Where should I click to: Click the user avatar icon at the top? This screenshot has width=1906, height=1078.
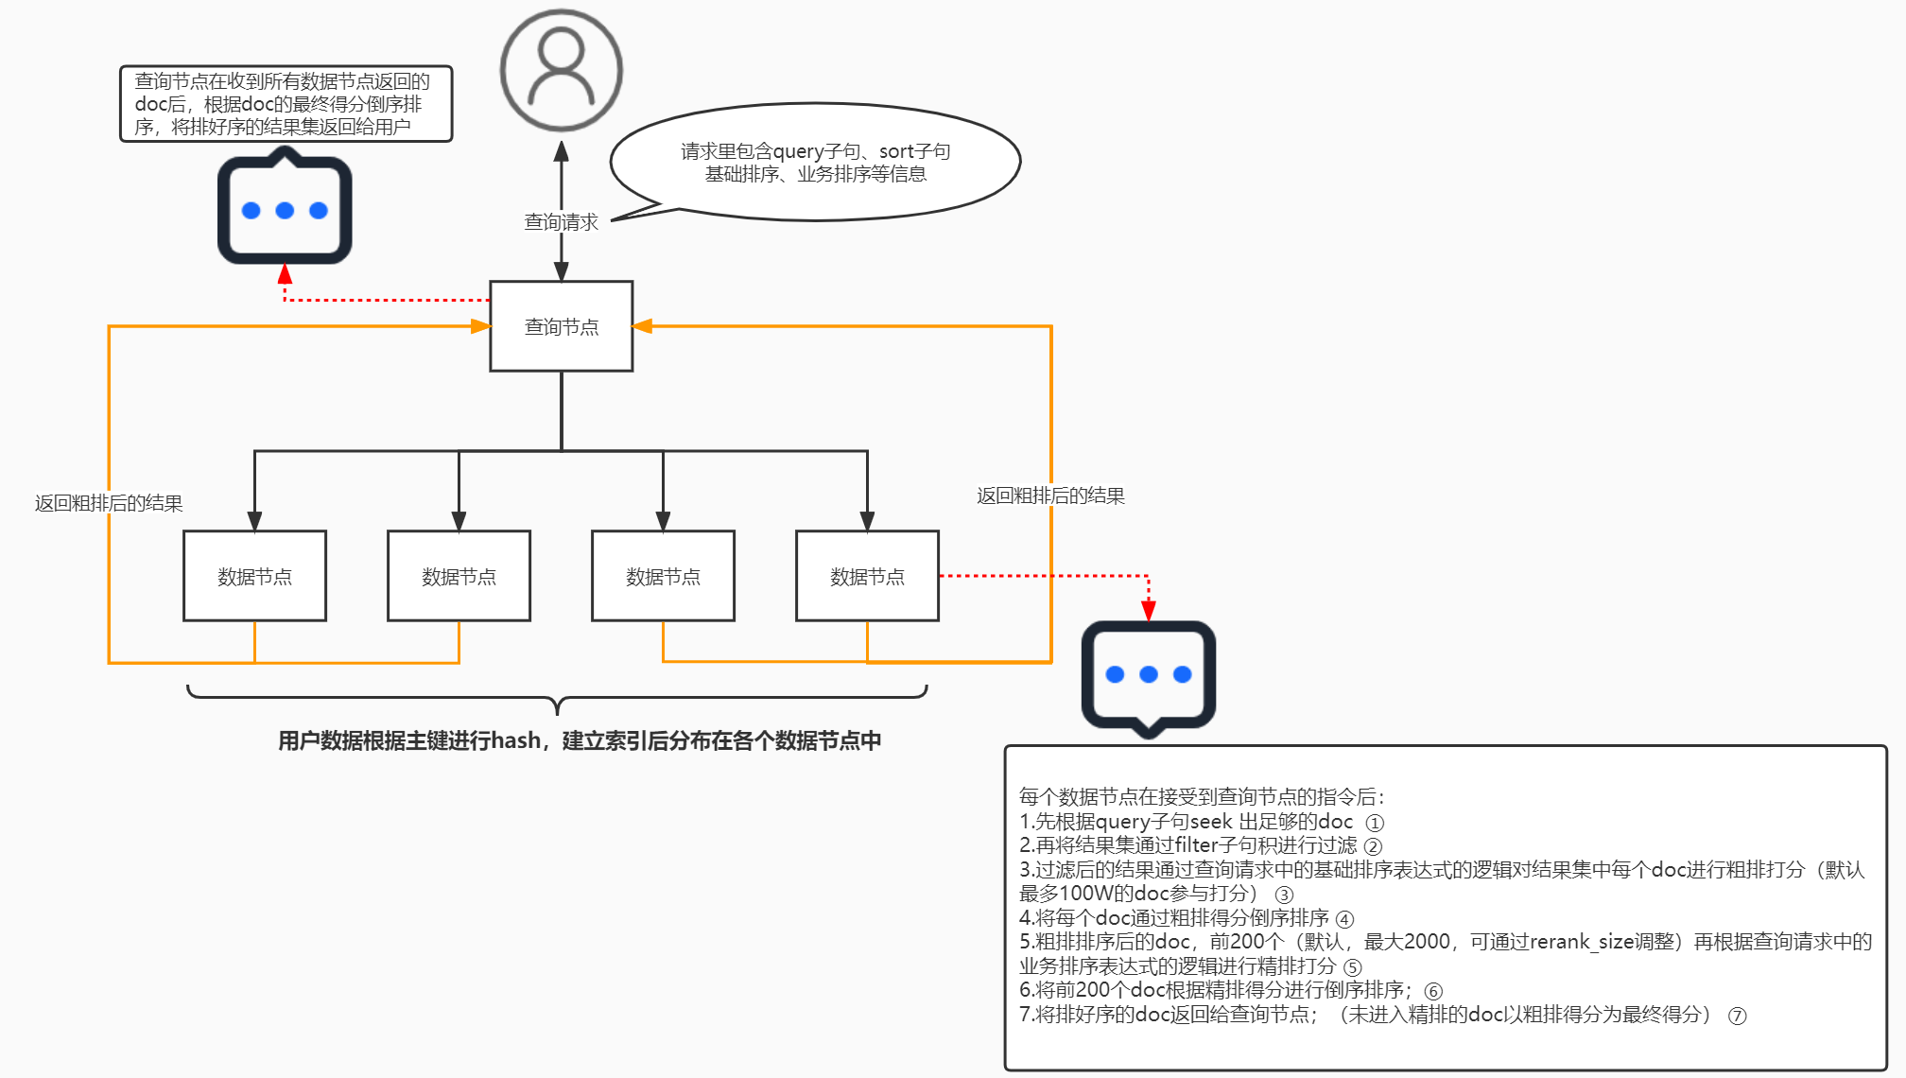pos(561,70)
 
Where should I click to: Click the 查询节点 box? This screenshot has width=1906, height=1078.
pos(561,326)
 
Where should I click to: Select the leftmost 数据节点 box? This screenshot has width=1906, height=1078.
pos(254,576)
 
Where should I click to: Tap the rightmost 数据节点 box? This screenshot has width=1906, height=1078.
pos(867,576)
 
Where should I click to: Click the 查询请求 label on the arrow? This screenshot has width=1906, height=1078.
pos(561,222)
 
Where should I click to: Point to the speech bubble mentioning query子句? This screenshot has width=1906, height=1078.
pos(815,163)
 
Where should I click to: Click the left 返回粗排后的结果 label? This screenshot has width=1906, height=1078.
pos(109,503)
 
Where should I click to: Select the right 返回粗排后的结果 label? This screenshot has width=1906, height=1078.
pos(1050,496)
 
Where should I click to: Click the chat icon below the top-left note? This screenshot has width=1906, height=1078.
pos(285,210)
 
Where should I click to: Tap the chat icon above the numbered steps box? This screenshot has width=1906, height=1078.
pos(1148,675)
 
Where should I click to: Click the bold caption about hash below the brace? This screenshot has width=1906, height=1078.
pos(579,740)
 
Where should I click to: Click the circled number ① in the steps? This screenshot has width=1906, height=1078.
pos(1375,823)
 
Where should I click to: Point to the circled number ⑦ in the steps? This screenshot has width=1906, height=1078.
pos(1737,1016)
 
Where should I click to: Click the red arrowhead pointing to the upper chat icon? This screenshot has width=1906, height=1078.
pos(285,274)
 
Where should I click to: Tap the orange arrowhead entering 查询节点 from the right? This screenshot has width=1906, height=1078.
pos(643,326)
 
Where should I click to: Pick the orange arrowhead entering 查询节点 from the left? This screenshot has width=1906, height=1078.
pos(480,326)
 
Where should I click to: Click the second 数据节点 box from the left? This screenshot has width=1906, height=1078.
pos(459,576)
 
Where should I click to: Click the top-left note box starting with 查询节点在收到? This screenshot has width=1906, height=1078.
pos(286,104)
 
